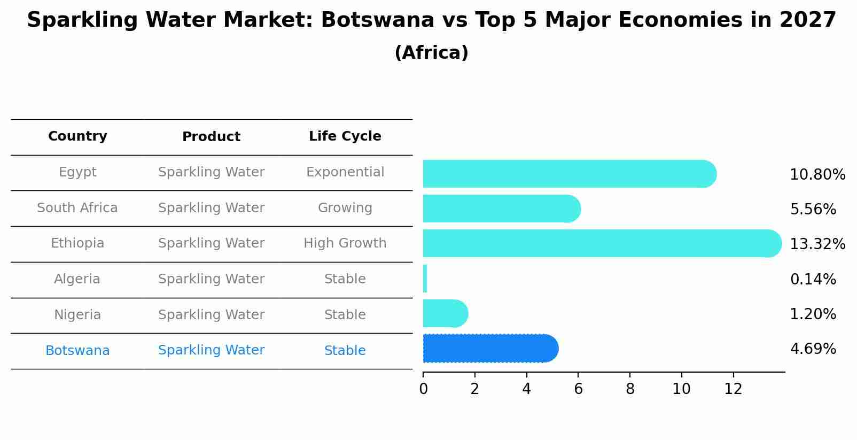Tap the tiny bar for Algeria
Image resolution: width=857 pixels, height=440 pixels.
pyautogui.click(x=425, y=279)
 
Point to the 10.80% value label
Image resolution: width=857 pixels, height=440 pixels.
pyautogui.click(x=817, y=175)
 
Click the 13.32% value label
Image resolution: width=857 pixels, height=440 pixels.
pyautogui.click(x=817, y=244)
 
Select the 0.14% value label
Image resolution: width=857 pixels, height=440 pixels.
pyautogui.click(x=813, y=279)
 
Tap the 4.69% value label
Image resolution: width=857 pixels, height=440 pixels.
pyautogui.click(x=813, y=349)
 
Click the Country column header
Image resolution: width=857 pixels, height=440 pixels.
pyautogui.click(x=77, y=136)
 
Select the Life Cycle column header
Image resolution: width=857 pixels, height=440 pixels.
pyautogui.click(x=345, y=136)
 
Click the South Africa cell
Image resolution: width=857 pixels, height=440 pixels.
pyautogui.click(x=77, y=208)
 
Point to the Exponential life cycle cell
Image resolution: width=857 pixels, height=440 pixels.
pyautogui.click(x=345, y=172)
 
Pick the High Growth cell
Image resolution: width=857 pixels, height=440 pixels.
pyautogui.click(x=345, y=243)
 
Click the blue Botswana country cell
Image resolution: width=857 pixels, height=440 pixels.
pyautogui.click(x=77, y=351)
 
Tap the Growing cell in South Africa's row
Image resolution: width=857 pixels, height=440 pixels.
pyautogui.click(x=345, y=208)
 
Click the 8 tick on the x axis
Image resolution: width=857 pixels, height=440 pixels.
pyautogui.click(x=630, y=389)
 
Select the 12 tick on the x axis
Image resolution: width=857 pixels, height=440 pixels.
pyautogui.click(x=733, y=389)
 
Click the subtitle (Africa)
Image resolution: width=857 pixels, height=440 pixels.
pyautogui.click(x=431, y=53)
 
